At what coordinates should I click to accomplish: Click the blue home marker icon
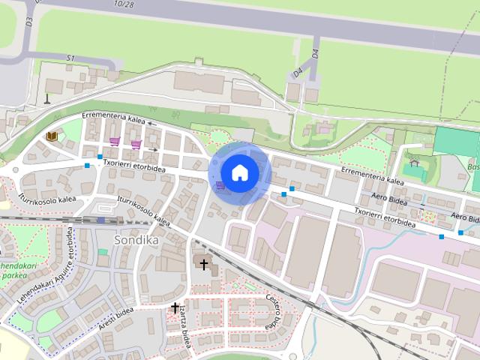click(239, 172)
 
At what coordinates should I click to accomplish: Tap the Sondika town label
click(133, 239)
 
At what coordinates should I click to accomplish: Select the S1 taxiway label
click(71, 58)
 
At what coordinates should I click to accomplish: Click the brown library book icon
click(52, 136)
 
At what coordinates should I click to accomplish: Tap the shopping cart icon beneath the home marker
click(220, 185)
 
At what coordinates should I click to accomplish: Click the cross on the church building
click(203, 264)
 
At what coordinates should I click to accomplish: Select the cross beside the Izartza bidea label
click(175, 307)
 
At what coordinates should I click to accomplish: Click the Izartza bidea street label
click(183, 331)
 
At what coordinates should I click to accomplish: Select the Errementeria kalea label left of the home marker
click(114, 120)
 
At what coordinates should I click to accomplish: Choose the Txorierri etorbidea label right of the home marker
click(385, 216)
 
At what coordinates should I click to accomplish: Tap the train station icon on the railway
click(100, 220)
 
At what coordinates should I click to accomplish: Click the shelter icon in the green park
click(414, 162)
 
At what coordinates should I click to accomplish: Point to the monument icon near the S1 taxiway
click(46, 97)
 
